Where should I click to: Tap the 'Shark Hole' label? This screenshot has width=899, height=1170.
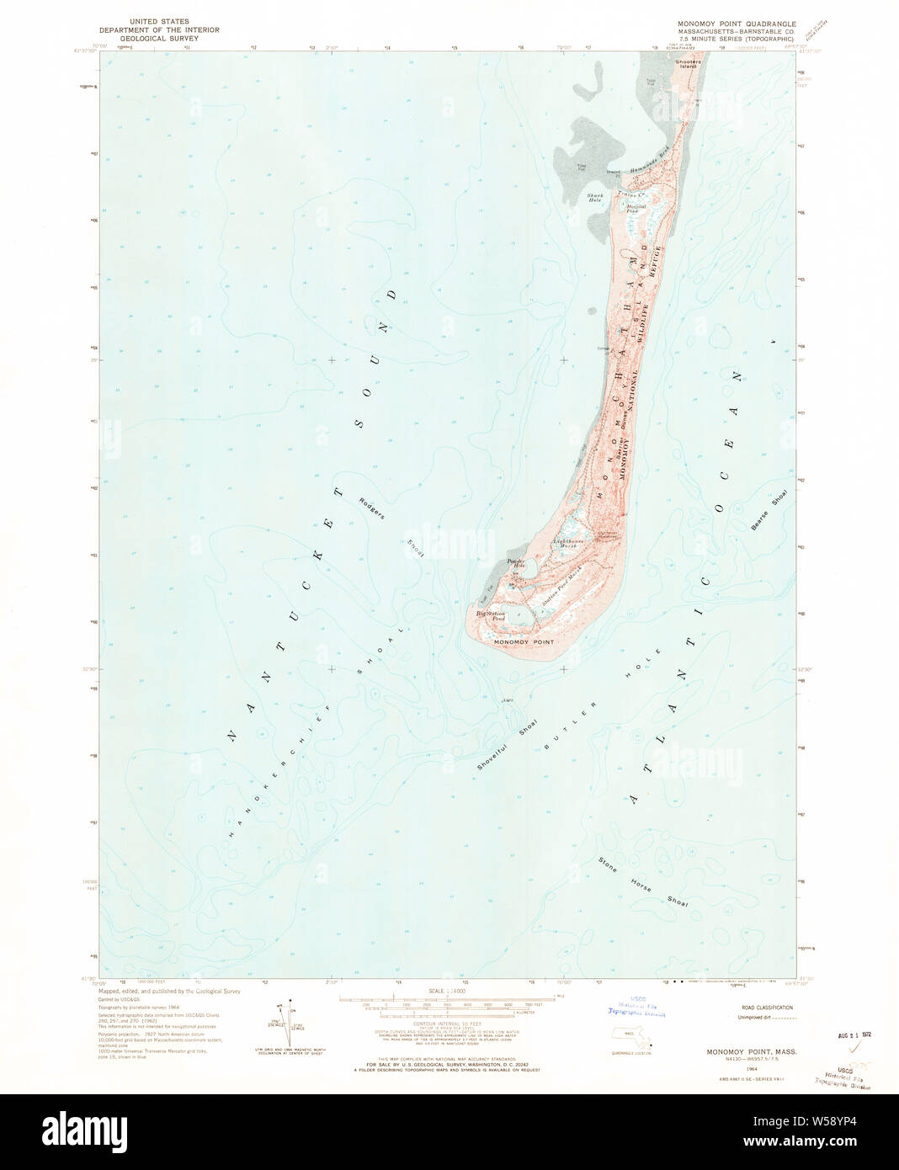pyautogui.click(x=595, y=199)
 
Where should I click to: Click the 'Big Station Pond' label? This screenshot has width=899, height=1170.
pyautogui.click(x=490, y=616)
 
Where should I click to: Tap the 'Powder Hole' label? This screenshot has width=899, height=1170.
pyautogui.click(x=515, y=563)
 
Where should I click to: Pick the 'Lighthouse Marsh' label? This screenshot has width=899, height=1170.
pyautogui.click(x=567, y=544)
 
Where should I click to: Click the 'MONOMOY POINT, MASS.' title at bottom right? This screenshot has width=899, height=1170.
pyautogui.click(x=747, y=1052)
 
